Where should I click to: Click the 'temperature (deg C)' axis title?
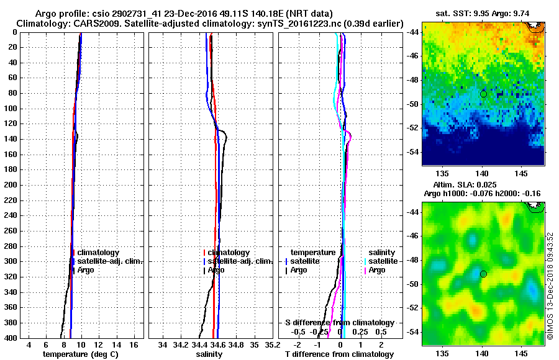pos(82,354)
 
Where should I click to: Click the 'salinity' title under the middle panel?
pos(209,354)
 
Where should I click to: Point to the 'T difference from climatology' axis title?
pos(339,354)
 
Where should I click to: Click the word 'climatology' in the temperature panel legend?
pos(98,253)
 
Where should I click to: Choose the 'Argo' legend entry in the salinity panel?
pos(216,270)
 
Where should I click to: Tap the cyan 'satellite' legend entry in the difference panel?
pos(386,261)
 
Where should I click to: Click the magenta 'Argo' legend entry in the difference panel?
pos(377,270)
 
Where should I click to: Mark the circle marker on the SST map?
pos(483,94)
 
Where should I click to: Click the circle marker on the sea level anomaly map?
pos(483,274)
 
